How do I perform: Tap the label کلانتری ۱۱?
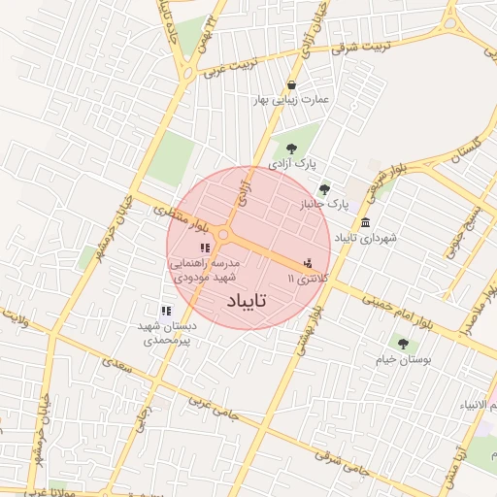[x=309, y=279]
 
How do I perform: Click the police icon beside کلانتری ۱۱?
[x=309, y=262]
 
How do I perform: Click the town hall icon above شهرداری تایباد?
[x=364, y=222]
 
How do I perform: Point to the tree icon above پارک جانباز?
[x=324, y=189]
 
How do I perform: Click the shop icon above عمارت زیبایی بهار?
[x=292, y=84]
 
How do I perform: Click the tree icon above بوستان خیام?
[x=402, y=343]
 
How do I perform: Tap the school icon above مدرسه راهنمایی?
[x=204, y=248]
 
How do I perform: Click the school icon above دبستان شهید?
[x=166, y=311]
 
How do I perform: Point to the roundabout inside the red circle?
[x=224, y=235]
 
